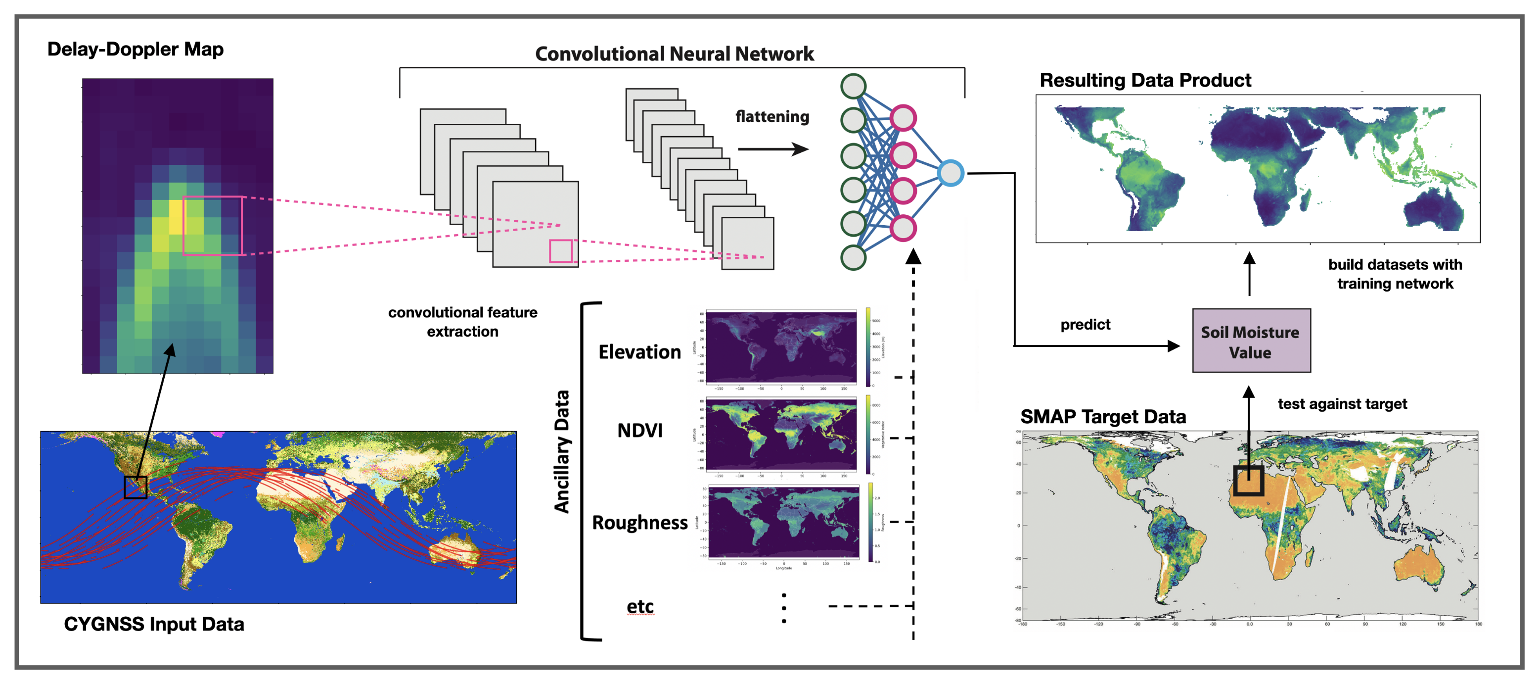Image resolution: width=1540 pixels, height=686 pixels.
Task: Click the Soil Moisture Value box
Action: coord(1251,341)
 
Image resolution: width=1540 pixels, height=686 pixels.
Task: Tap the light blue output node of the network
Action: coord(950,173)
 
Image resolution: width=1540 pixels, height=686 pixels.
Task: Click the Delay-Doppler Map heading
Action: coord(135,49)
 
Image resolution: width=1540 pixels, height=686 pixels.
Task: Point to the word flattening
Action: coord(772,117)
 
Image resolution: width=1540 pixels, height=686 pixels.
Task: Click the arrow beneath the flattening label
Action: coord(772,149)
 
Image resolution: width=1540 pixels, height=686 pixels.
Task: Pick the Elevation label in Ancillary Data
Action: coord(639,352)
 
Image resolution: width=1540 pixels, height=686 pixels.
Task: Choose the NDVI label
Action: coord(639,431)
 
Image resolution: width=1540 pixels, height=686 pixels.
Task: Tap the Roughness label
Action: coord(639,523)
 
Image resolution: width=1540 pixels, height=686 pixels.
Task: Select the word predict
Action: coord(1085,325)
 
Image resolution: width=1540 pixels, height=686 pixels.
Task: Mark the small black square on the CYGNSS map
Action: coord(135,487)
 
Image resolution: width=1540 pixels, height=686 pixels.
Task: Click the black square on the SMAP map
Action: coord(1248,480)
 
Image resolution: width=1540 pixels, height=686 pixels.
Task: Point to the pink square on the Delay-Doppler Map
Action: coord(212,226)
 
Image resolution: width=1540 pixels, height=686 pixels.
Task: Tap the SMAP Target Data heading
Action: coord(1102,417)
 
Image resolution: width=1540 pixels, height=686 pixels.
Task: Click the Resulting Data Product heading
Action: coord(1145,80)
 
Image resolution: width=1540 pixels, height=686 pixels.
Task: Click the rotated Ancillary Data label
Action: coord(561,451)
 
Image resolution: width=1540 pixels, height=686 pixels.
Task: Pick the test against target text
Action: coord(1342,404)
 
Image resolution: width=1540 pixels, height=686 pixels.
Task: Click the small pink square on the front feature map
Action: coord(561,251)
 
